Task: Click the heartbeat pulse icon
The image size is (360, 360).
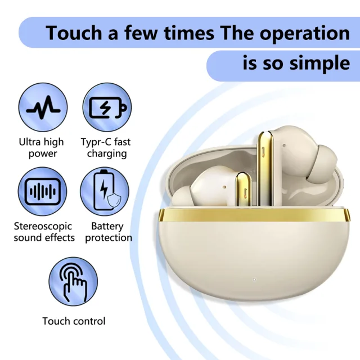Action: click(43, 107)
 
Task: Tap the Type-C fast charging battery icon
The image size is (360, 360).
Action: click(107, 107)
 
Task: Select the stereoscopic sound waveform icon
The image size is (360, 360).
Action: click(43, 191)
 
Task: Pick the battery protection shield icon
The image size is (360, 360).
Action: click(105, 191)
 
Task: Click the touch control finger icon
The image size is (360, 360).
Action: click(73, 281)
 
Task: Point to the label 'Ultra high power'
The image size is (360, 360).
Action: click(42, 147)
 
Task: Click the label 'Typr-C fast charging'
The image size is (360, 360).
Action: click(106, 147)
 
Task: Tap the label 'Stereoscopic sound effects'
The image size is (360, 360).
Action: click(44, 232)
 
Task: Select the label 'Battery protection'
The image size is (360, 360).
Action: click(109, 232)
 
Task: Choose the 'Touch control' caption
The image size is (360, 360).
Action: click(74, 321)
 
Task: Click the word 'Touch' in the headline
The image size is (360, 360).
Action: click(74, 33)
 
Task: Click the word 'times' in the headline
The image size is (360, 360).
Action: click(189, 33)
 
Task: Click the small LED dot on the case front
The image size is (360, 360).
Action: click(254, 280)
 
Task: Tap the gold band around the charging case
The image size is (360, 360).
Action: click(254, 215)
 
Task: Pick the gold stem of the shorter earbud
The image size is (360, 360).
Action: click(244, 189)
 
